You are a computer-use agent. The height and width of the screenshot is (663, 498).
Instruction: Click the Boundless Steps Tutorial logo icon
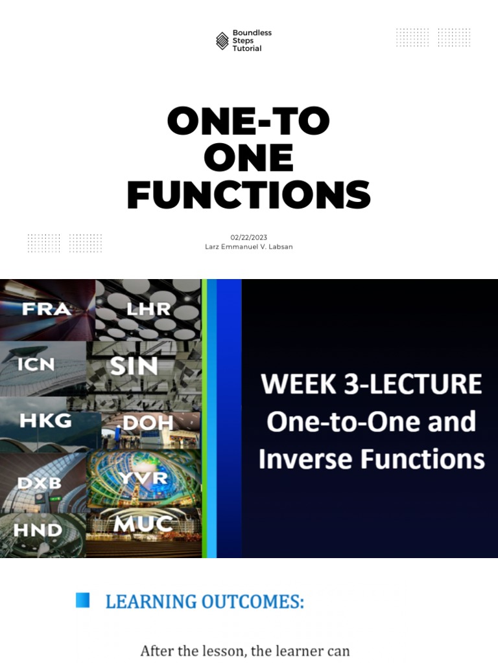point(222,41)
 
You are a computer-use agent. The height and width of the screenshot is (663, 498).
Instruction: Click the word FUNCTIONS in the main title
point(248,195)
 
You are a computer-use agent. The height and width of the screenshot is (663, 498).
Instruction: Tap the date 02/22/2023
point(248,238)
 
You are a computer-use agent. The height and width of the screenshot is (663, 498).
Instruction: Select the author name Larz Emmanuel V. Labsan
point(248,247)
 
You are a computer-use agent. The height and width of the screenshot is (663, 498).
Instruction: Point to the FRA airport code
point(46,309)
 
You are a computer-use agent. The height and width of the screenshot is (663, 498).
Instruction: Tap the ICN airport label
point(36,365)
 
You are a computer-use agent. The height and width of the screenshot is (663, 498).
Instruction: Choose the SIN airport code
point(134,366)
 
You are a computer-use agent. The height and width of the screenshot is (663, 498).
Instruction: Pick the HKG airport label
point(45,421)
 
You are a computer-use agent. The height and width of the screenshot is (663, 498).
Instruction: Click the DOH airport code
point(148,423)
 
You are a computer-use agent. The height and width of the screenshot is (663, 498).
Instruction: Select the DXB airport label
point(40,484)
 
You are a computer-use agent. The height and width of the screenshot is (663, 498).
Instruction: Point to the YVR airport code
point(143,478)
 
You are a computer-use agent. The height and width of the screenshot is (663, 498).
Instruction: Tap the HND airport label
point(38,530)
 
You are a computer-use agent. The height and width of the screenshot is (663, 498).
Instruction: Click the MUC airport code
point(143,524)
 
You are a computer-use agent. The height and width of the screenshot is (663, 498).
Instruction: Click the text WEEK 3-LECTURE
point(371,384)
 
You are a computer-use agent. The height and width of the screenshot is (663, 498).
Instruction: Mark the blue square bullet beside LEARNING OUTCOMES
point(82,600)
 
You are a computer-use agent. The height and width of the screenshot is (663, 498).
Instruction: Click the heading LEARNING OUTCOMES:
point(204,601)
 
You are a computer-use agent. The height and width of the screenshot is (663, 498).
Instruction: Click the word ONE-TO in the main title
point(248,121)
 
